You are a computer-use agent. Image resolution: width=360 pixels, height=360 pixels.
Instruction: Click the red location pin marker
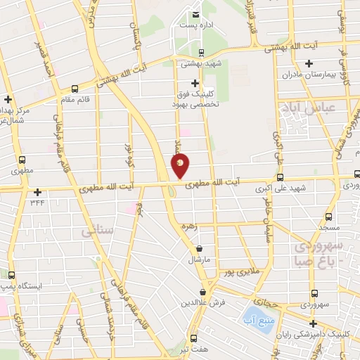(180, 165)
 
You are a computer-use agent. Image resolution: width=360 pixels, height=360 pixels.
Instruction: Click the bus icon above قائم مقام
(75, 89)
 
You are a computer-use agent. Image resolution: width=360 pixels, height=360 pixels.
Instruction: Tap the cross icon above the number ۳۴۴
(37, 192)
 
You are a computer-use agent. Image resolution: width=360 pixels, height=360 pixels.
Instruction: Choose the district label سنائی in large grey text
(96, 231)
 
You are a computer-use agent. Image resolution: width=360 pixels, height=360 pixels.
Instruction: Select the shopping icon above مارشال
(200, 248)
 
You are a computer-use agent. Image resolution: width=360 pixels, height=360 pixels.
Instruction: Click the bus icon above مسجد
(330, 217)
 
